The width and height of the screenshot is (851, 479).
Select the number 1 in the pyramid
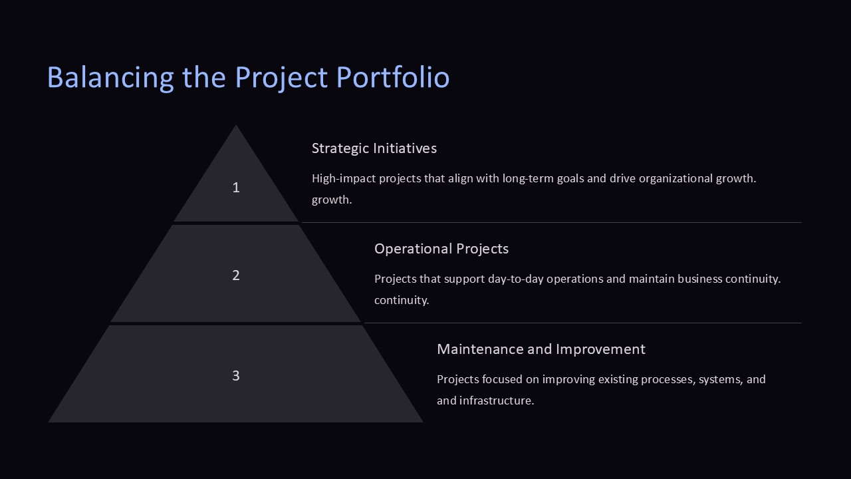click(x=235, y=188)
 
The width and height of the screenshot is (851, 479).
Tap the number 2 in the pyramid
click(x=235, y=275)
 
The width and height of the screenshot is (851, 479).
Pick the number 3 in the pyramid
click(x=235, y=376)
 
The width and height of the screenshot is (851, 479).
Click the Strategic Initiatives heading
click(x=374, y=148)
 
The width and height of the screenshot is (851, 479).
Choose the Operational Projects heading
click(x=441, y=249)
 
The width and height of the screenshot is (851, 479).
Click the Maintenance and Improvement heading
click(x=541, y=349)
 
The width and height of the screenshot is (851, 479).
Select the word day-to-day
click(x=515, y=279)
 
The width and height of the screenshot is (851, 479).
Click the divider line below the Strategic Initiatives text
click(x=552, y=223)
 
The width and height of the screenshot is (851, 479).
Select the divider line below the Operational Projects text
click(x=582, y=323)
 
